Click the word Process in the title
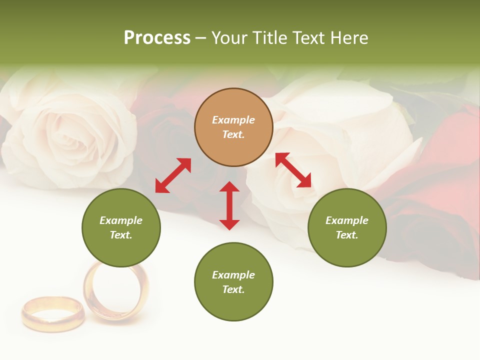pos(157,38)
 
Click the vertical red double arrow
pos(229,205)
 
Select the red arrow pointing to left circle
pos(173,175)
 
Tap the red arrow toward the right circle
pos(293,170)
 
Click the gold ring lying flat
pos(52,313)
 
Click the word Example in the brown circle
pos(233,120)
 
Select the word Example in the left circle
pos(121,220)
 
